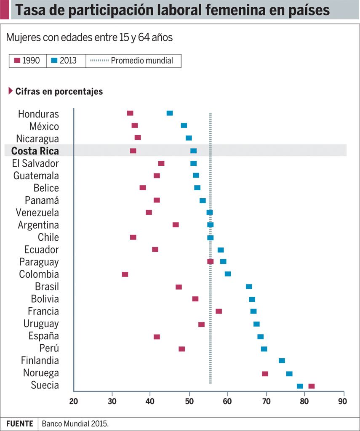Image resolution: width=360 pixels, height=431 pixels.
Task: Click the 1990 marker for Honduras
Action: point(130,113)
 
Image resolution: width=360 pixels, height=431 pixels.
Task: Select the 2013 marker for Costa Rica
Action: point(194,151)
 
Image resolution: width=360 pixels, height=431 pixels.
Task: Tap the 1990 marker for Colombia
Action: point(125,274)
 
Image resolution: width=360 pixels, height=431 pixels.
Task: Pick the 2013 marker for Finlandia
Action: point(282,361)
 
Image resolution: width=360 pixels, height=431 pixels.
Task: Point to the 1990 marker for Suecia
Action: point(312,386)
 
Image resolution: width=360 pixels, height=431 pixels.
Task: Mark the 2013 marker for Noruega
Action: point(289,374)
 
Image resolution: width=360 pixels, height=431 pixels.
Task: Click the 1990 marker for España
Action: point(157,337)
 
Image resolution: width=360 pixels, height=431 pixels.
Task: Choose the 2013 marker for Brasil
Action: point(249,287)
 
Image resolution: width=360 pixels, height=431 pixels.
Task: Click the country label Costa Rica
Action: point(35,151)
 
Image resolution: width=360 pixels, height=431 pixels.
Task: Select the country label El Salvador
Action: point(36,163)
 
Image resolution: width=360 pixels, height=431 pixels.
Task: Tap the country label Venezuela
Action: point(37,213)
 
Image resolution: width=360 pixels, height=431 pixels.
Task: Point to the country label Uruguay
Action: point(41,324)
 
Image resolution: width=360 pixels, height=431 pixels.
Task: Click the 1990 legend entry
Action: point(27,61)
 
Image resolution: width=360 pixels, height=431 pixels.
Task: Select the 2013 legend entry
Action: point(64,61)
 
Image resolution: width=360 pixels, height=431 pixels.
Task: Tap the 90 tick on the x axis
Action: point(343,400)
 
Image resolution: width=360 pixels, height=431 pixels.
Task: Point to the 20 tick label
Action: point(74,400)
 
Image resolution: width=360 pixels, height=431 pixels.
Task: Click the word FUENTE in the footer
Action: point(19,424)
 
